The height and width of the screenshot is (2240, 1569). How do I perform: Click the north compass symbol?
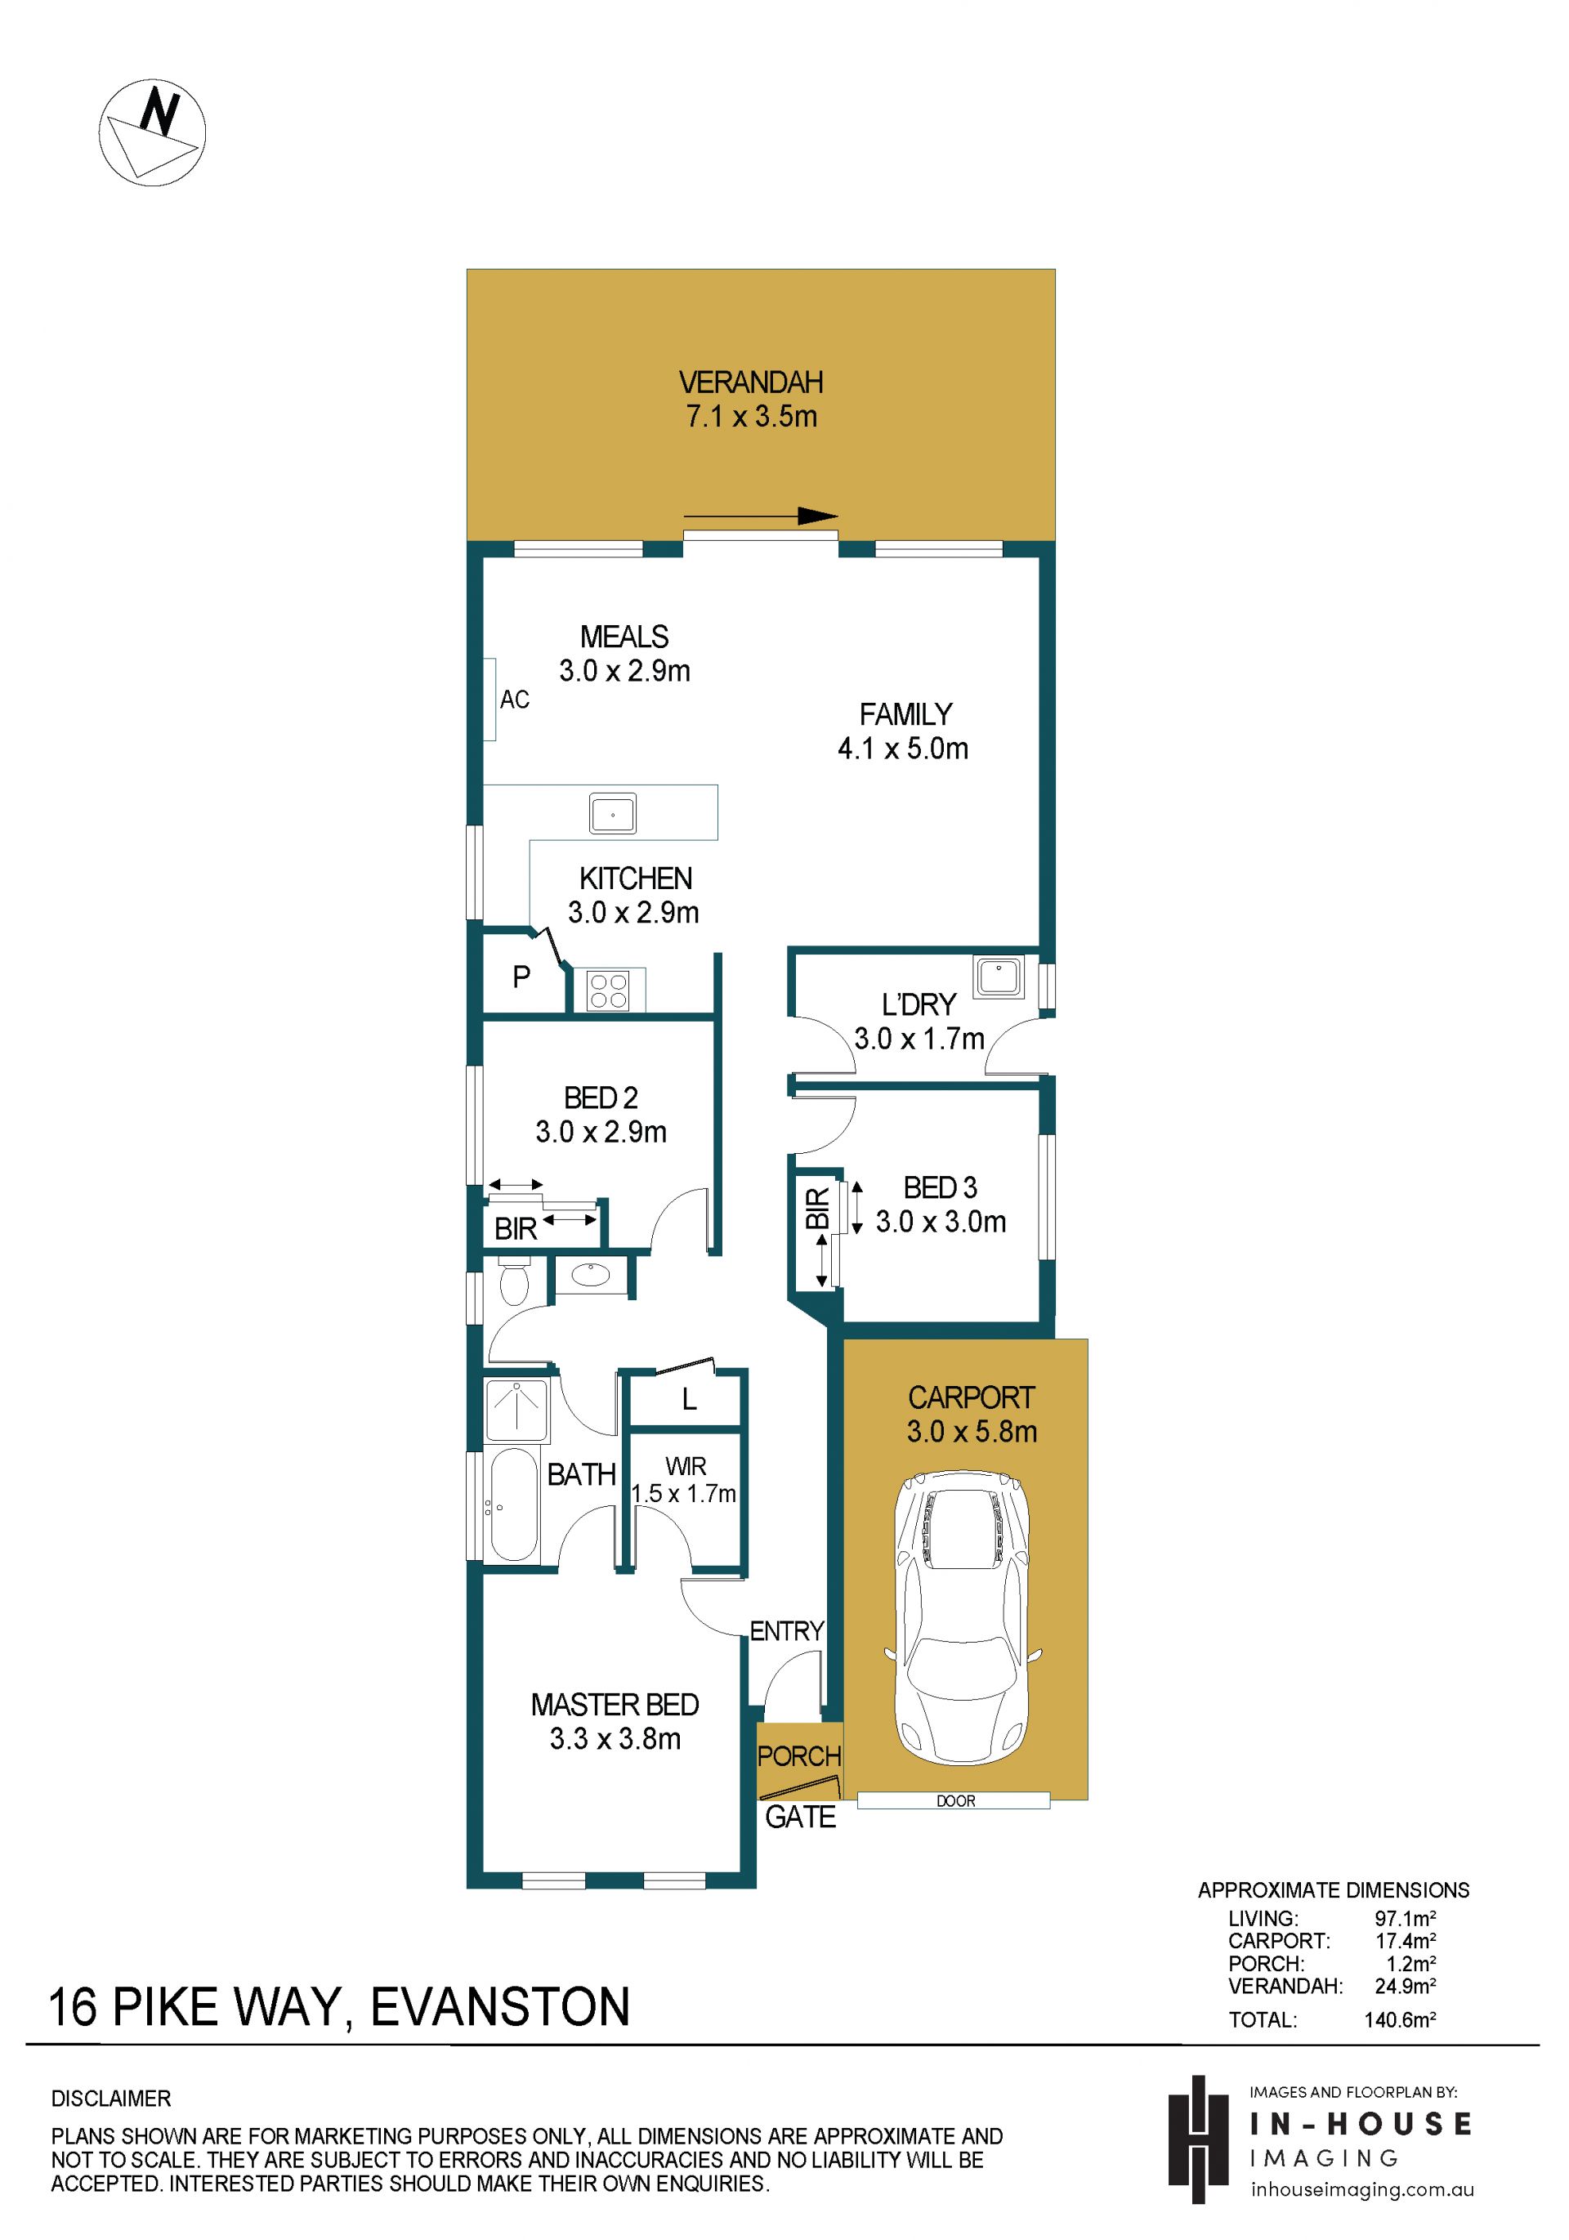152,132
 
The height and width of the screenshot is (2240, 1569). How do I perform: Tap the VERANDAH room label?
751,382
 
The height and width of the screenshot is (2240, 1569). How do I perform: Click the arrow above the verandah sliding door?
760,516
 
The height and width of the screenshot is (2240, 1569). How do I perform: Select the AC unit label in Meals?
514,700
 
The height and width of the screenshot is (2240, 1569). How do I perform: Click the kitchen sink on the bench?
613,812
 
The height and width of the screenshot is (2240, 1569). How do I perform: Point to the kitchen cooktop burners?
608,990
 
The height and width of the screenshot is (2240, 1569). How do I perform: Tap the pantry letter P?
522,976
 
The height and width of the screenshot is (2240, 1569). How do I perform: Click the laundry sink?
997,976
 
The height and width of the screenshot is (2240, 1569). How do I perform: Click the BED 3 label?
940,1187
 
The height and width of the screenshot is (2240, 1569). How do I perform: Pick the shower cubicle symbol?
517,1410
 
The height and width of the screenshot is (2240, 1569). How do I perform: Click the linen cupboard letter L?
689,1400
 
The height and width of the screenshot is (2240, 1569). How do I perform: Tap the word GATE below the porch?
800,1817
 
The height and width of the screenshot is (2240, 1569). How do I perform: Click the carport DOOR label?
955,1801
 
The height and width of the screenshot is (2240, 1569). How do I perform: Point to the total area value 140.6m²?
1400,2019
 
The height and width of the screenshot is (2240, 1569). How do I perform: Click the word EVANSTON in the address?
501,2007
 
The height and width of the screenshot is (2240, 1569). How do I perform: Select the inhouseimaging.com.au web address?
1362,2189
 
